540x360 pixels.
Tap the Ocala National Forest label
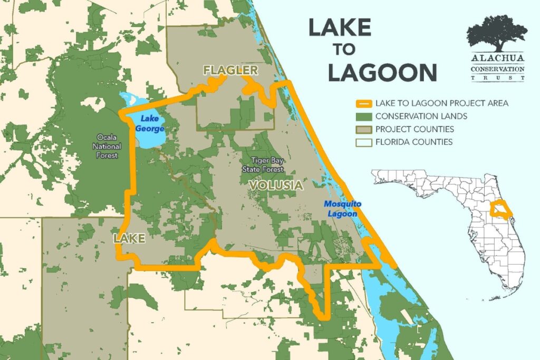107,146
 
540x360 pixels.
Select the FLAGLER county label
230,70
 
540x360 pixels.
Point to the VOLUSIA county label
276,186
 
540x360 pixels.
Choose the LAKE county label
129,239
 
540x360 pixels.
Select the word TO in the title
344,50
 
